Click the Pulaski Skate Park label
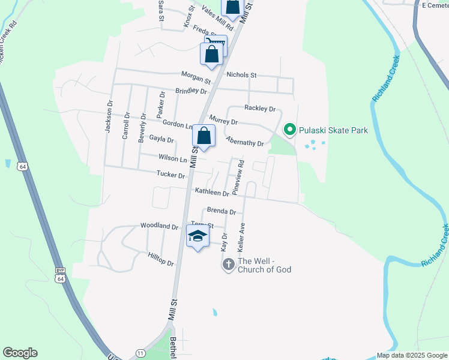(x=333, y=130)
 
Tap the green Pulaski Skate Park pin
(x=289, y=130)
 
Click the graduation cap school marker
(x=198, y=236)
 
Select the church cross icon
(x=228, y=264)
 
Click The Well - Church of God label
(x=265, y=265)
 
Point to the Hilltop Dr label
(x=160, y=259)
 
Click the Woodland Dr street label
(x=159, y=226)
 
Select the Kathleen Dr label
(x=211, y=192)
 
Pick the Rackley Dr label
(x=259, y=109)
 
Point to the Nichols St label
(x=241, y=75)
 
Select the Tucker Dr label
(x=170, y=175)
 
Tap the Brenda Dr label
(x=221, y=211)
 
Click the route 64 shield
(x=23, y=166)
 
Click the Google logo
(x=20, y=353)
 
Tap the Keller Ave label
(x=243, y=236)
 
